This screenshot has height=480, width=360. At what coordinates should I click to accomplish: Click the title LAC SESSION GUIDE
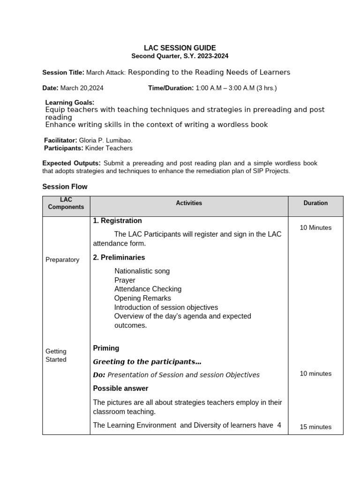click(180, 48)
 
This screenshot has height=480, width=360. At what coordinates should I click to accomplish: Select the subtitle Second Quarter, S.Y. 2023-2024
click(180, 56)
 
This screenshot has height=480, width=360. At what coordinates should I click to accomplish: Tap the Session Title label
click(63, 73)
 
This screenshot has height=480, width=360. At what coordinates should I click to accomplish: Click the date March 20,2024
click(82, 88)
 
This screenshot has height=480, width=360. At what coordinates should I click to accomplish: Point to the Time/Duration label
click(171, 88)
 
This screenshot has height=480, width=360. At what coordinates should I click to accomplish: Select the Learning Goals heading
click(69, 102)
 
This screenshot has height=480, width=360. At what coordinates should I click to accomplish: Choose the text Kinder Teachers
click(109, 148)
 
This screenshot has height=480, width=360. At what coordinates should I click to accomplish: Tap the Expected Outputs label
click(71, 163)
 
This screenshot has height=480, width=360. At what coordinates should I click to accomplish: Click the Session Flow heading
click(65, 187)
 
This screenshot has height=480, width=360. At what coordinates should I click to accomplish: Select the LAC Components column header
click(66, 203)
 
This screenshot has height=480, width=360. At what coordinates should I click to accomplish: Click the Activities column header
click(189, 203)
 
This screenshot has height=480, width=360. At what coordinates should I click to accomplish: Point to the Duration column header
click(315, 203)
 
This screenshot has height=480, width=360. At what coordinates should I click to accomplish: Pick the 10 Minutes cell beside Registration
click(315, 228)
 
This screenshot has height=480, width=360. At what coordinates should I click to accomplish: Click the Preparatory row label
click(62, 260)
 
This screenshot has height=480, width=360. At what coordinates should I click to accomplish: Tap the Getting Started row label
click(56, 355)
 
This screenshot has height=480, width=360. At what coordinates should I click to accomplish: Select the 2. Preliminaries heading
click(119, 257)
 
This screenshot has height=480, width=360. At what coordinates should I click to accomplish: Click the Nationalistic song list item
click(142, 271)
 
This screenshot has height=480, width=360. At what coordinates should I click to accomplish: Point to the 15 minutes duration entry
click(315, 427)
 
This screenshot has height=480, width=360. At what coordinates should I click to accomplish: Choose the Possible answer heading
click(120, 388)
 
